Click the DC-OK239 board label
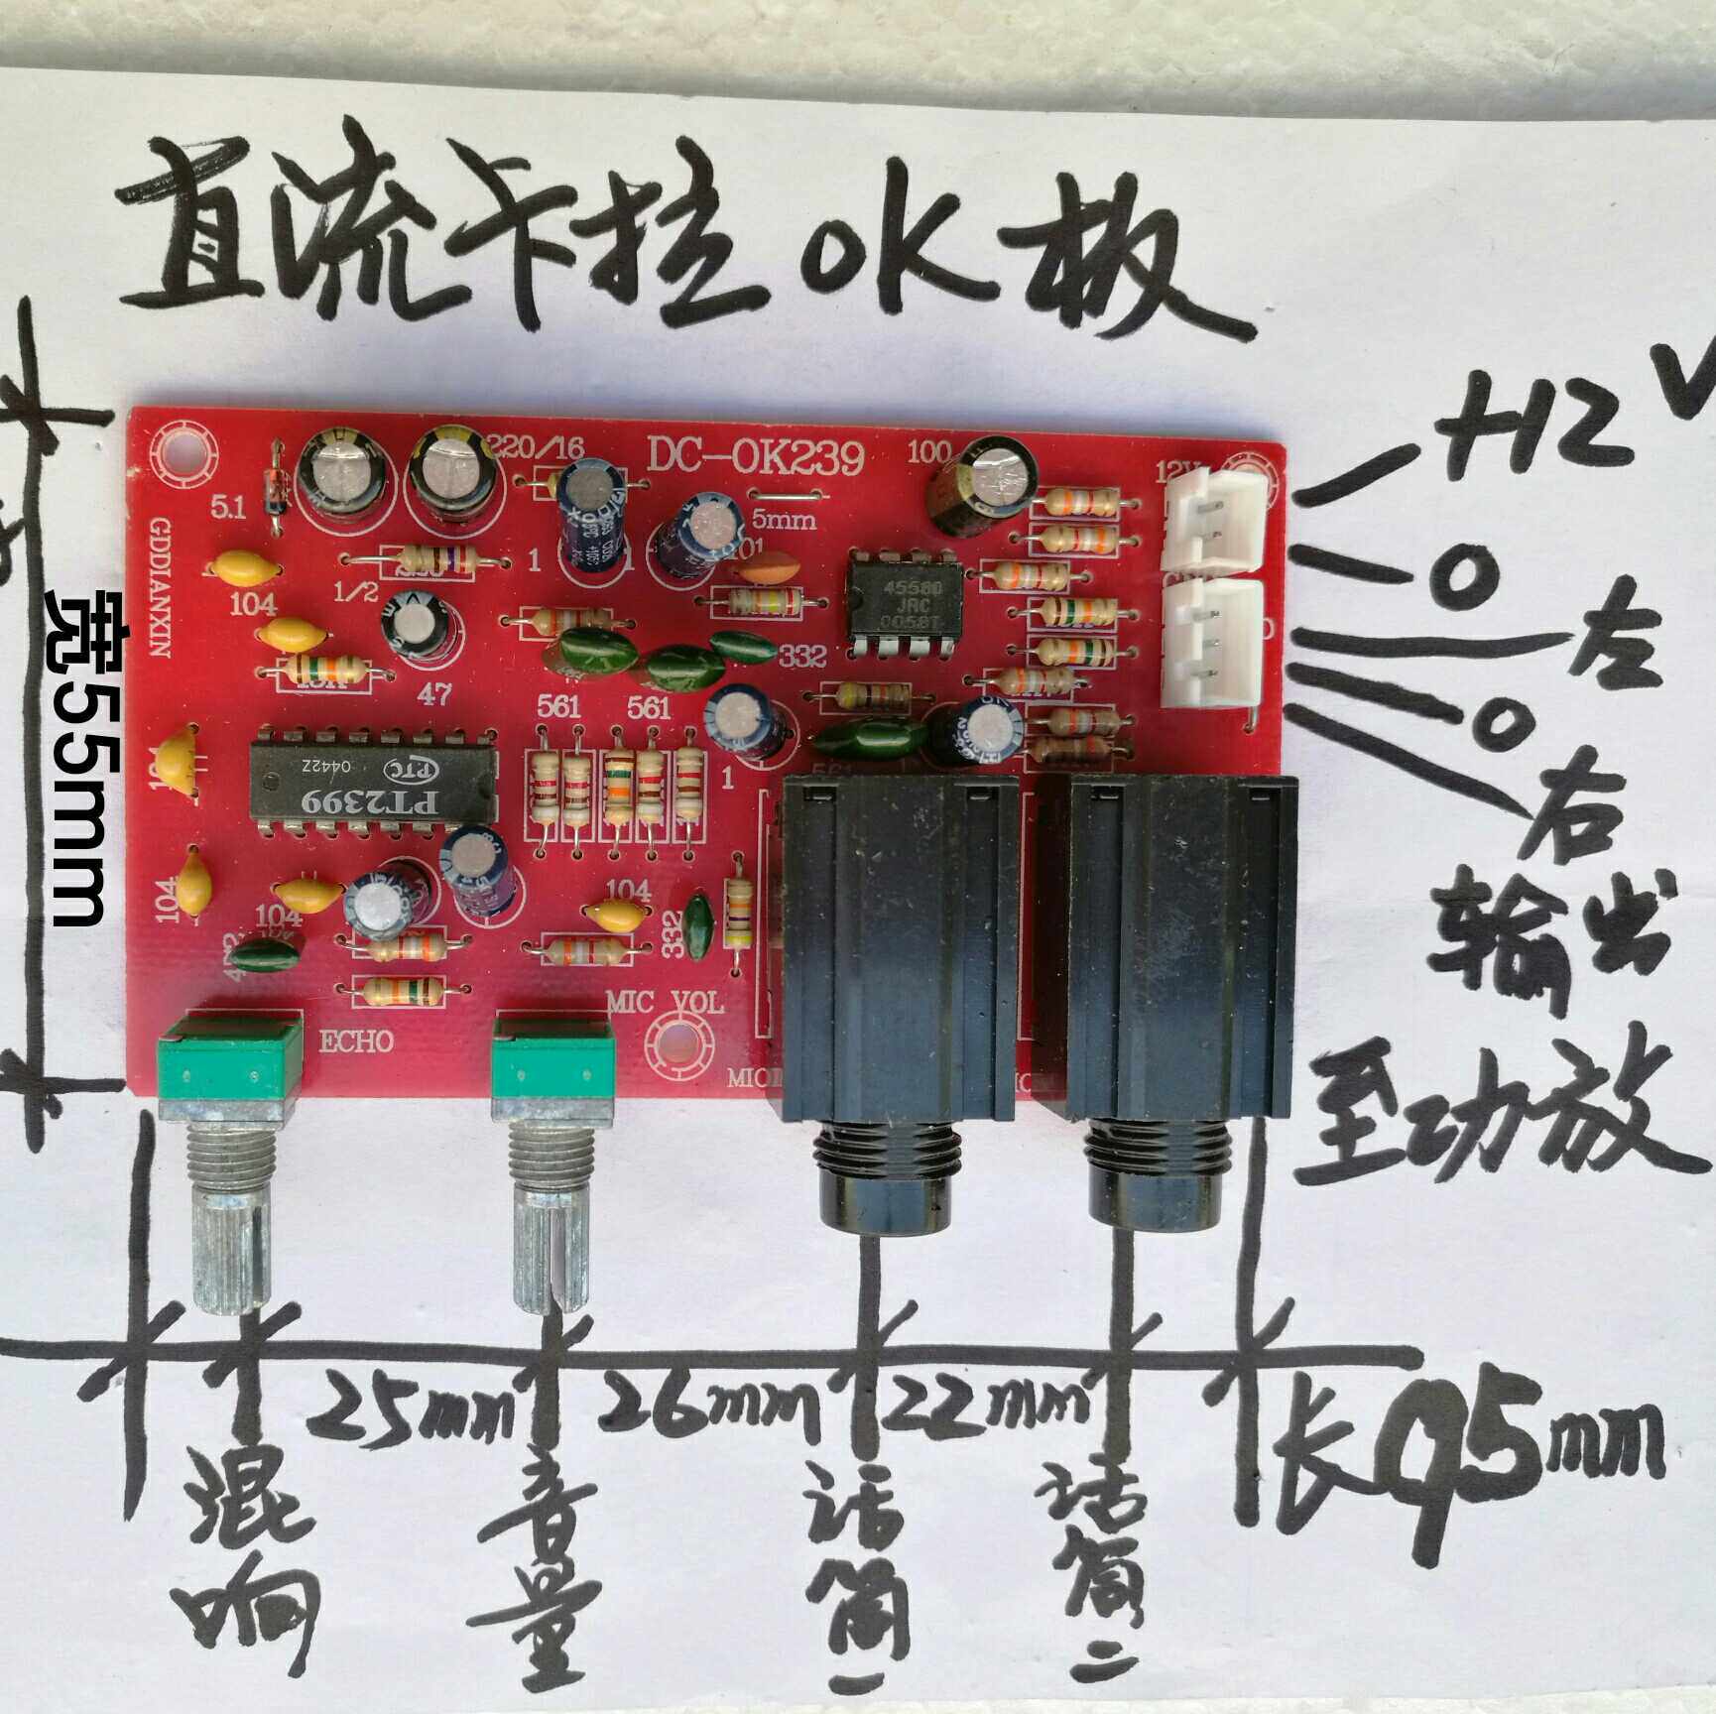(x=756, y=457)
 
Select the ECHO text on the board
(x=356, y=1041)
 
